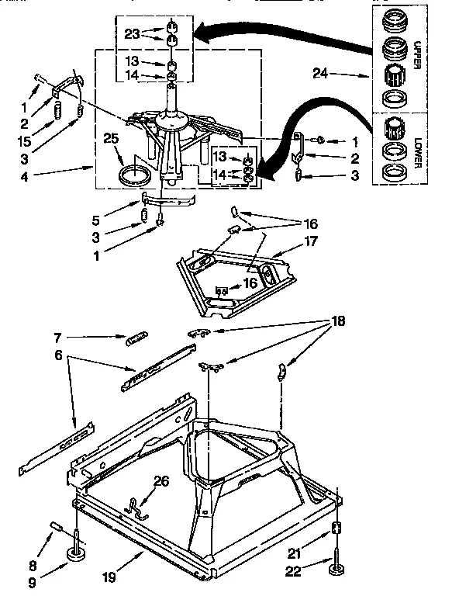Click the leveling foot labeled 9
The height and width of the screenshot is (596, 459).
(x=78, y=553)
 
